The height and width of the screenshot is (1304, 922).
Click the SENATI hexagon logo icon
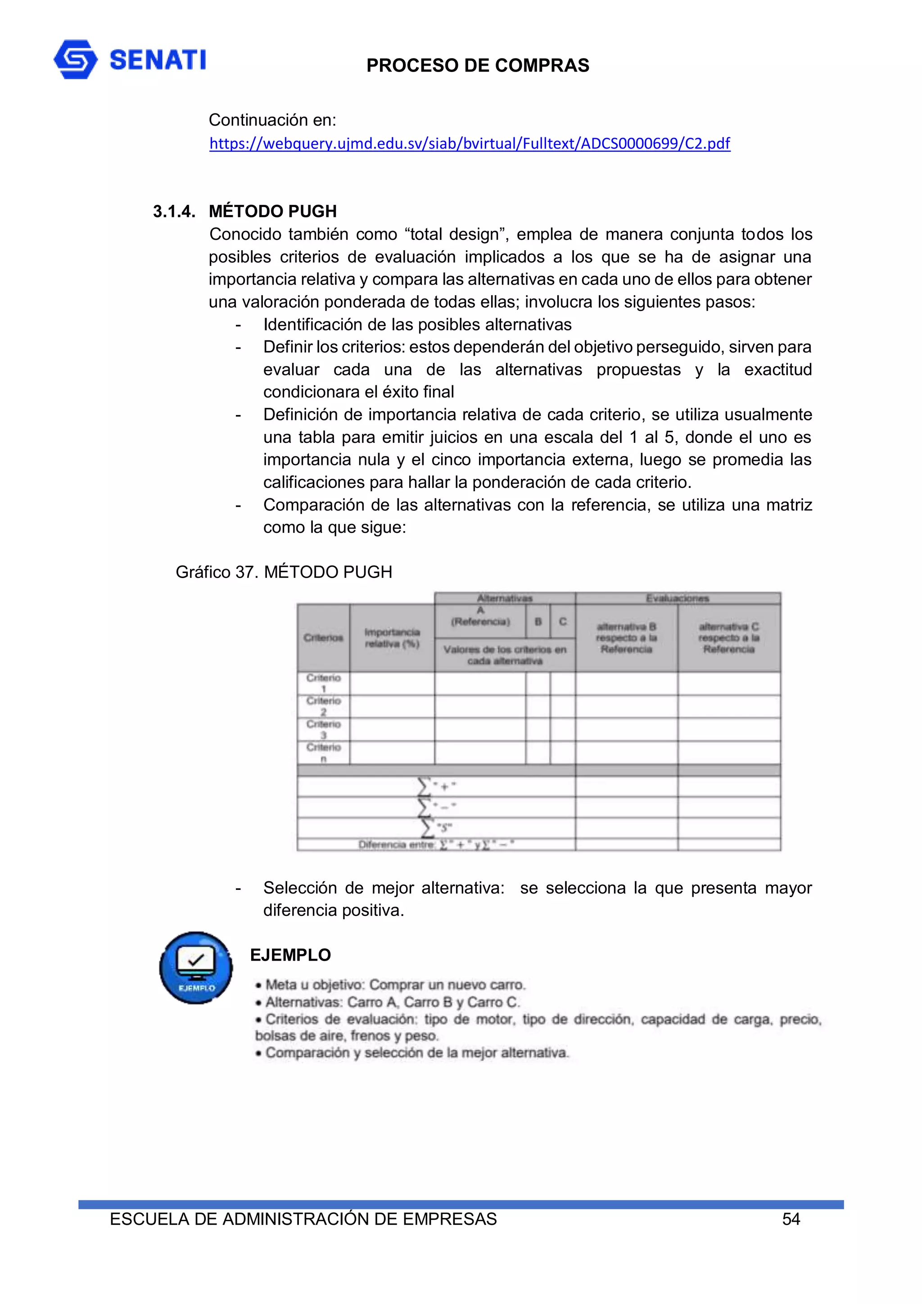(76, 59)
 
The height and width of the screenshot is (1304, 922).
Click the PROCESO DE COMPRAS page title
(477, 65)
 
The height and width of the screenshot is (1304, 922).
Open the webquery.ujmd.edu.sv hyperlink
(469, 143)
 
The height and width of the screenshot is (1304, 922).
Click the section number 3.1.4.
(174, 211)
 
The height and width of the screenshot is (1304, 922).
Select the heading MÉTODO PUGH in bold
(273, 211)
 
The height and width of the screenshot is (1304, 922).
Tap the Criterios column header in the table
(323, 638)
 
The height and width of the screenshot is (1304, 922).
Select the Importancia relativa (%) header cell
(392, 638)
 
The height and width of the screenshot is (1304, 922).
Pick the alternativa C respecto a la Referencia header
(728, 638)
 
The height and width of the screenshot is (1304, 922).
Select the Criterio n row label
(323, 753)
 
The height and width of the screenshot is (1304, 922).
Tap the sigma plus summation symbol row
(436, 787)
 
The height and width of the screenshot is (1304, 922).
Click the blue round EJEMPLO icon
(196, 967)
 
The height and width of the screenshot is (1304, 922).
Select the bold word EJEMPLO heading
(290, 955)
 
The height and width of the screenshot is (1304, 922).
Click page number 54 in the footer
(791, 1219)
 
